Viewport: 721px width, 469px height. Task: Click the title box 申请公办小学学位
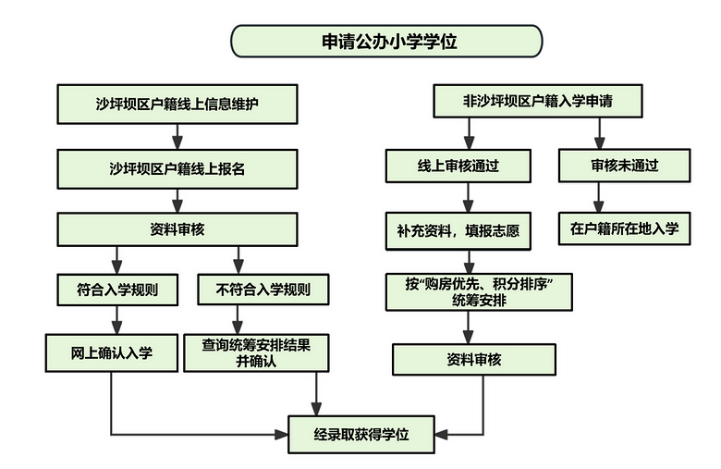386,41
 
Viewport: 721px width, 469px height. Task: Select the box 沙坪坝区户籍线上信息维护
177,104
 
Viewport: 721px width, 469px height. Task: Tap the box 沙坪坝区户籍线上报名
177,169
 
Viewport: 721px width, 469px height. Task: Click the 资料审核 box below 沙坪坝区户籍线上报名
177,229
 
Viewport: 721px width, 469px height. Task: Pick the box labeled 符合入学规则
117,290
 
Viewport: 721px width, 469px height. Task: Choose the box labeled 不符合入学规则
263,290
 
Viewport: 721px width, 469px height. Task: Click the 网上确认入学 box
111,353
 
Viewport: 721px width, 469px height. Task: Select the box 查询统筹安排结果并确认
256,353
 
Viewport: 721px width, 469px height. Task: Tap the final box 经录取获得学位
361,435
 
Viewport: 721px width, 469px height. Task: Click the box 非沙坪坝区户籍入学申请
538,101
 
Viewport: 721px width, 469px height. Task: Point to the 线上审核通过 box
458,166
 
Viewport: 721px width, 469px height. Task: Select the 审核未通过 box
625,166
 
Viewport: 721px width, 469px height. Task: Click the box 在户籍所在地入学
625,228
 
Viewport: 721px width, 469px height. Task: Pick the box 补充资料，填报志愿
458,231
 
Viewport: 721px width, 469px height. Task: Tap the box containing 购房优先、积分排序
479,292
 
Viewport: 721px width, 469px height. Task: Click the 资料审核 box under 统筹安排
474,360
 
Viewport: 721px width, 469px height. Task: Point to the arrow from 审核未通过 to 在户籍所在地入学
598,197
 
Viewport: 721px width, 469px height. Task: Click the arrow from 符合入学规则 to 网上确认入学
117,320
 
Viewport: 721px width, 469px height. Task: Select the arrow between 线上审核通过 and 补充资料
468,197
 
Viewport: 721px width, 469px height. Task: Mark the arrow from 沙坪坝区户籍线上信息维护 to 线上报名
177,137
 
